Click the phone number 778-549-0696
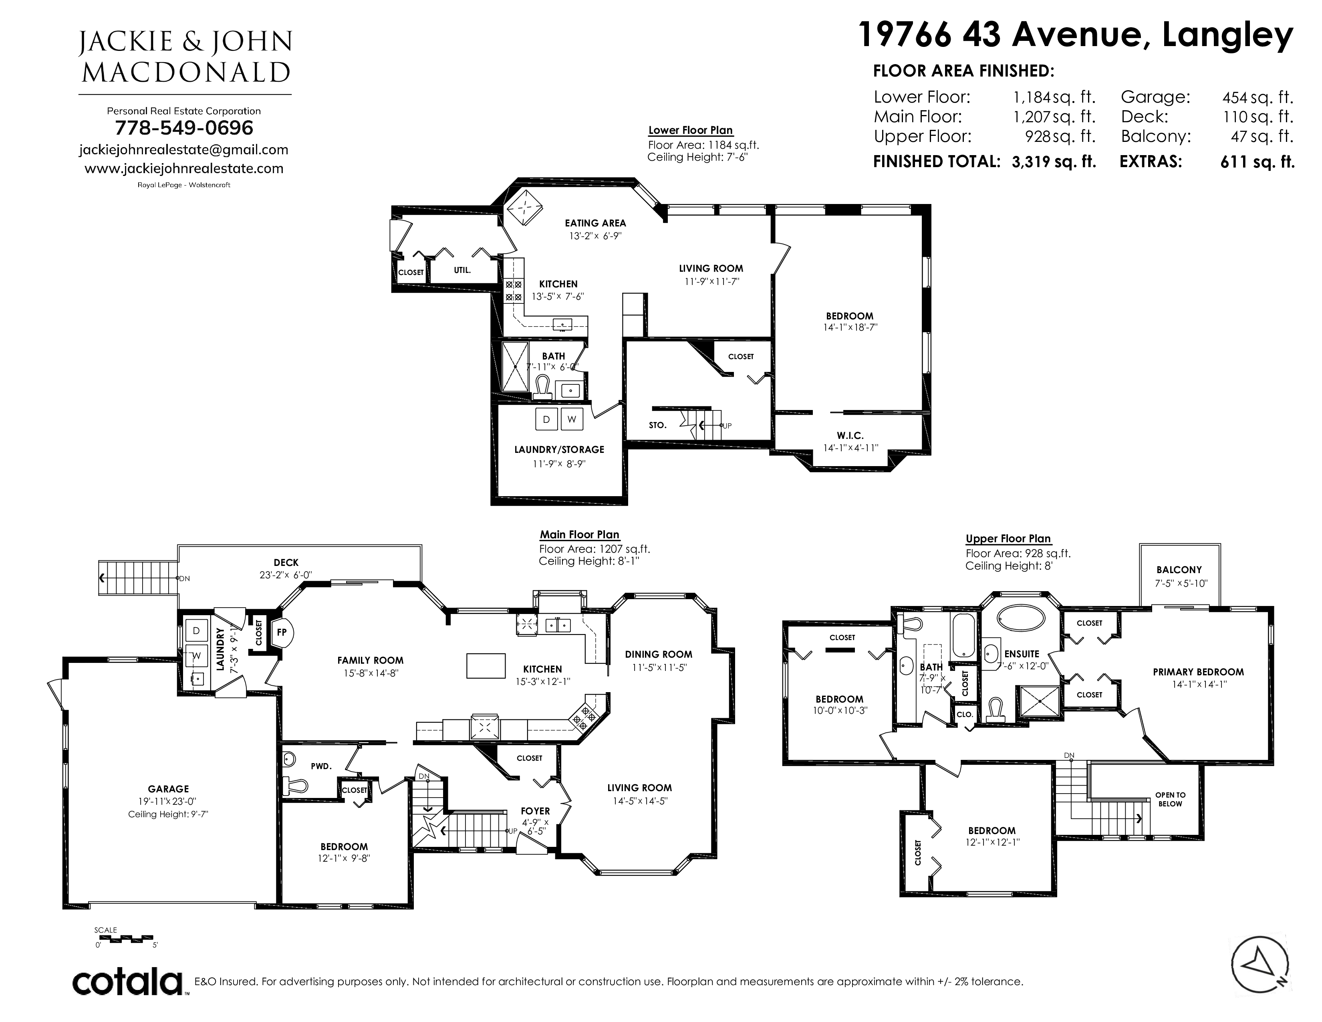[184, 128]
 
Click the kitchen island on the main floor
[486, 665]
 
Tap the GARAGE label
[168, 789]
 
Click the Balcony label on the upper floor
[1179, 570]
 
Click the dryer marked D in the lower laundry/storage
[546, 419]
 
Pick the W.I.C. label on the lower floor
[850, 435]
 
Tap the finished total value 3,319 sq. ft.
[1054, 162]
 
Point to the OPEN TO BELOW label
[1170, 799]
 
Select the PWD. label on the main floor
[321, 766]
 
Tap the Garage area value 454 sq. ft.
[1257, 97]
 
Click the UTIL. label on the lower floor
[462, 270]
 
